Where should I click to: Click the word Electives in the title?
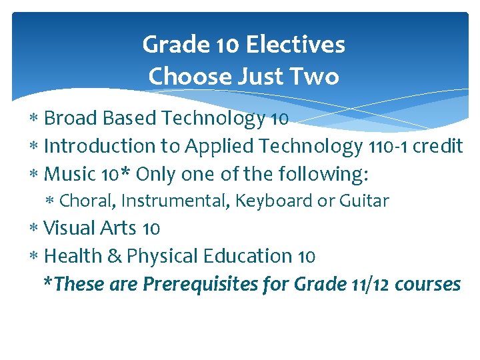coord(295,45)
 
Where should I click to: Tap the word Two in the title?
coord(317,77)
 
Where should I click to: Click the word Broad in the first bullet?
coord(68,119)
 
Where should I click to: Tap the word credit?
coord(438,146)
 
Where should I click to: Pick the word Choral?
coord(86,201)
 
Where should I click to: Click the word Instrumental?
coord(174,201)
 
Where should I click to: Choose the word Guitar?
coord(363,201)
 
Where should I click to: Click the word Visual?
coord(69,228)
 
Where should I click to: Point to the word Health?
coord(71,256)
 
